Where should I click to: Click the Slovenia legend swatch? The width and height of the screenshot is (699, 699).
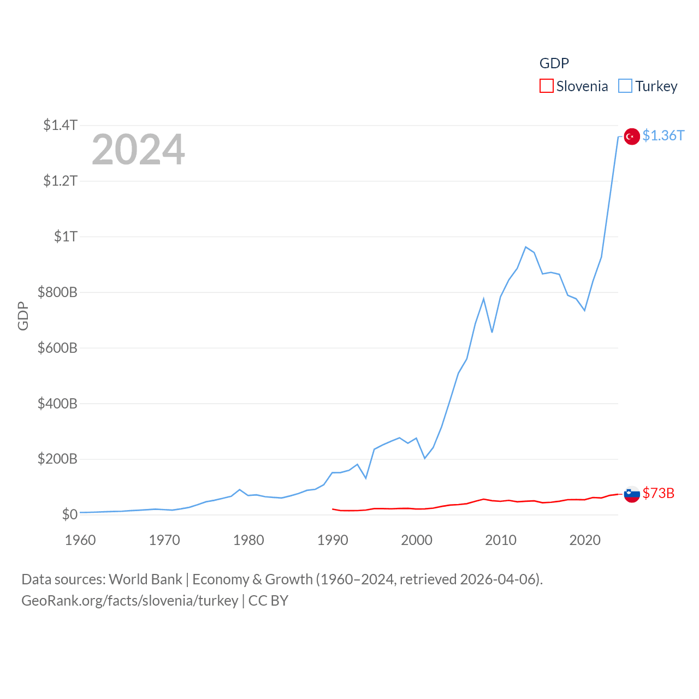click(x=547, y=86)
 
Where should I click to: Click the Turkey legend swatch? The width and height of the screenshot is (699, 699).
click(x=625, y=86)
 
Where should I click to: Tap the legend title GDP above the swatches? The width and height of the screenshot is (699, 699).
click(x=554, y=63)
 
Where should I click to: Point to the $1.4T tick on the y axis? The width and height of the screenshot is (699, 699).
click(x=60, y=125)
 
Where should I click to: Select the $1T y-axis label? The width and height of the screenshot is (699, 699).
click(x=66, y=236)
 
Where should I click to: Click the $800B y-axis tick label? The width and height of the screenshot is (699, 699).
click(x=57, y=292)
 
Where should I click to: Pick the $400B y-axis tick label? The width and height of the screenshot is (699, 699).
click(x=57, y=404)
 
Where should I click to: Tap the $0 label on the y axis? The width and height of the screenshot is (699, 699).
click(x=69, y=514)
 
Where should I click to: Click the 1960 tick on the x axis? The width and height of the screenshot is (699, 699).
click(x=80, y=540)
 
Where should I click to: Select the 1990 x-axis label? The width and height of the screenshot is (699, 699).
click(x=333, y=540)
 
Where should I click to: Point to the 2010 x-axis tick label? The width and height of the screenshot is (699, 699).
click(x=501, y=540)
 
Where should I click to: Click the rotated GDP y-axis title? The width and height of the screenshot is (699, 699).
click(x=23, y=316)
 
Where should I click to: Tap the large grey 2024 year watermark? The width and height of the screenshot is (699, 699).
click(x=138, y=150)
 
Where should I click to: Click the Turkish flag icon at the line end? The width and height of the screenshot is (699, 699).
click(x=632, y=137)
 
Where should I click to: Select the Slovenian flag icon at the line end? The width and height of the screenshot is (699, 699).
click(x=632, y=494)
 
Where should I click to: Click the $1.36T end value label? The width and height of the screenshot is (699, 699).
click(x=663, y=135)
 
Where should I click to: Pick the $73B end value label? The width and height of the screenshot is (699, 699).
click(x=658, y=493)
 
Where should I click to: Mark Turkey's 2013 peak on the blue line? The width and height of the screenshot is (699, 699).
click(x=525, y=247)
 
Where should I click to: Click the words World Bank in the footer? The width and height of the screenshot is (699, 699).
click(x=145, y=579)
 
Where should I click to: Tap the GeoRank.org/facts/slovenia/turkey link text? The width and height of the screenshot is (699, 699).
click(x=129, y=601)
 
